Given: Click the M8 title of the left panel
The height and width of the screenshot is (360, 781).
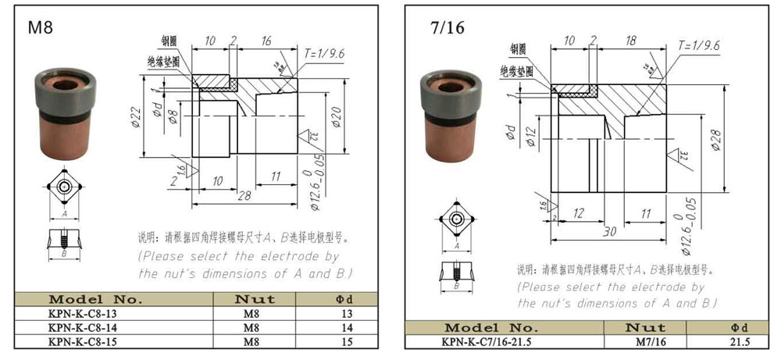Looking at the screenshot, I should (x=40, y=27).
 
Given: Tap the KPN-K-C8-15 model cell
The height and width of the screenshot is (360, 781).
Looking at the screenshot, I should (x=84, y=341).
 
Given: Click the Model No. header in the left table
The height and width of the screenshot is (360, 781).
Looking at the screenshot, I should (x=95, y=299).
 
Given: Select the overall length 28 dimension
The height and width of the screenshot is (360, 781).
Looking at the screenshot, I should (x=244, y=195).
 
